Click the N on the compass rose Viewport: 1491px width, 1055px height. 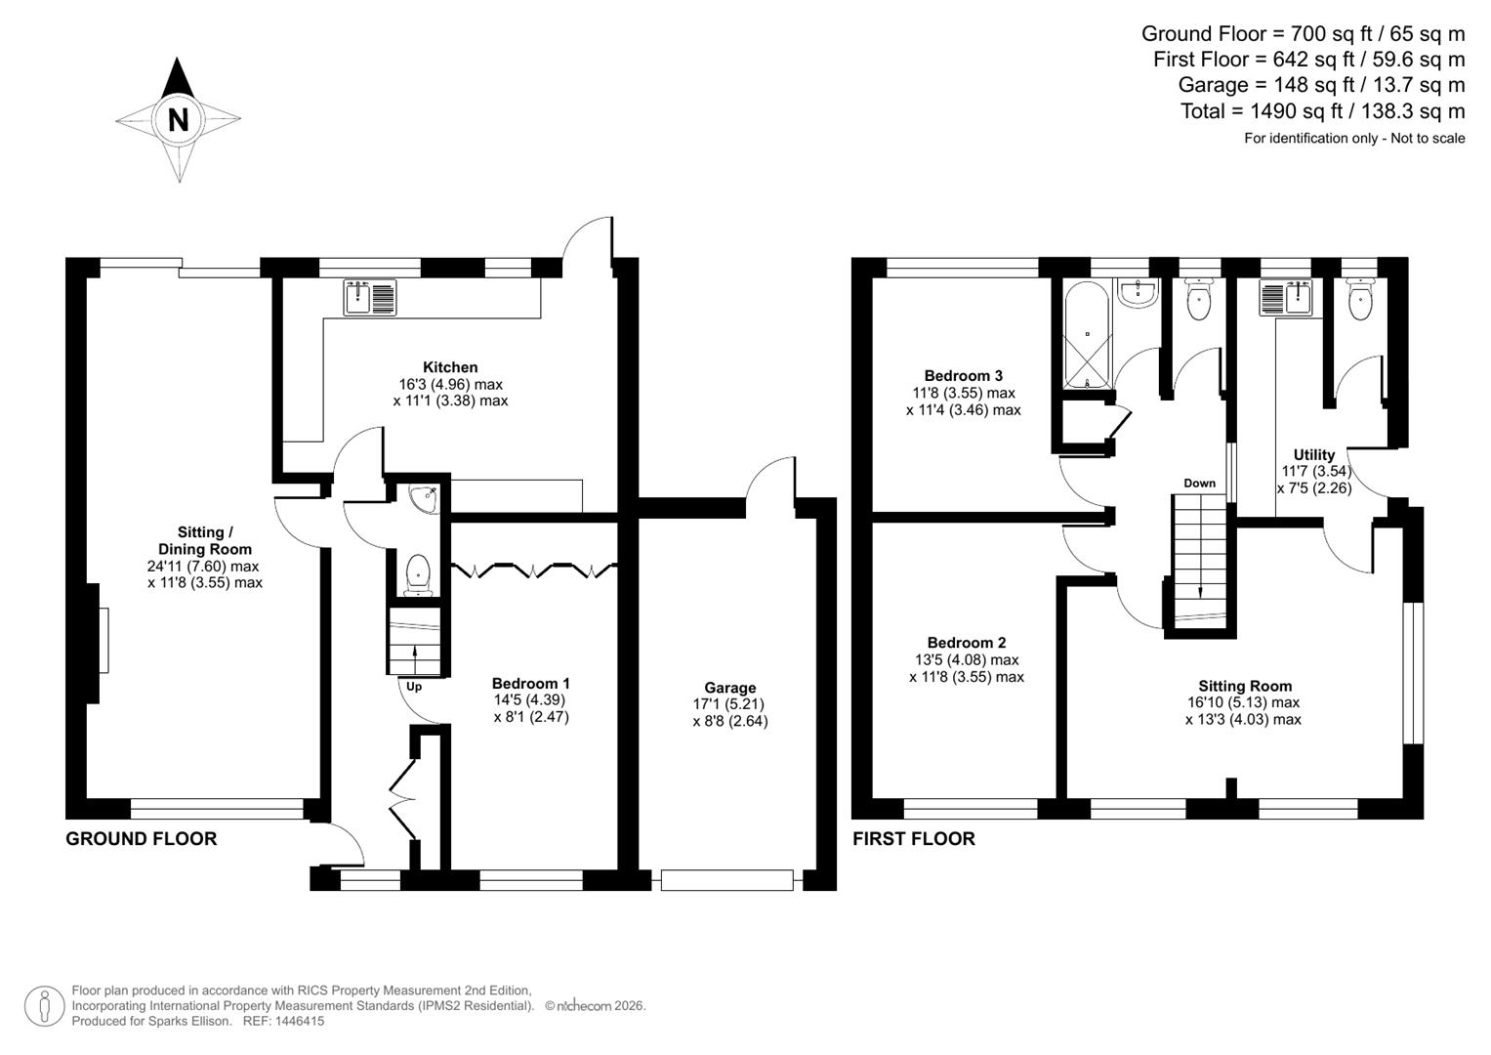click(x=178, y=120)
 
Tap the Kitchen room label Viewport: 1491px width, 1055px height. click(x=450, y=367)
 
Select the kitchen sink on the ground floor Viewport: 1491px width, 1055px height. click(x=370, y=297)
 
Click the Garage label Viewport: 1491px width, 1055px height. click(x=729, y=688)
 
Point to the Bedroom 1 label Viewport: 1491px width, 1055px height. click(x=530, y=684)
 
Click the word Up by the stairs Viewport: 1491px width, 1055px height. click(x=414, y=687)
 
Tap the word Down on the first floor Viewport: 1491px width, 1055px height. click(x=1199, y=484)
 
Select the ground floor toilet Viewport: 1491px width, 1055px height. click(x=418, y=573)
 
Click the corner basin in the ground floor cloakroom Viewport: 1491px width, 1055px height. click(x=425, y=499)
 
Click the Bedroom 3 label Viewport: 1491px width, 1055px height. click(x=963, y=376)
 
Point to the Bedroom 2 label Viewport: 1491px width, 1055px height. click(x=966, y=643)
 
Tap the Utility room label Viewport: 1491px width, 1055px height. click(x=1313, y=455)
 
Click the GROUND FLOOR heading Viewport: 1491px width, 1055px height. click(x=141, y=839)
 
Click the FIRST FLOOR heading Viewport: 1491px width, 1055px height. click(x=913, y=839)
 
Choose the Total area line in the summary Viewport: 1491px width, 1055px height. click(x=1322, y=111)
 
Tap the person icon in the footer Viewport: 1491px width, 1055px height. click(x=44, y=1006)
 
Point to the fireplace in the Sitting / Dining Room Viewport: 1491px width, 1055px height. click(x=102, y=640)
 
